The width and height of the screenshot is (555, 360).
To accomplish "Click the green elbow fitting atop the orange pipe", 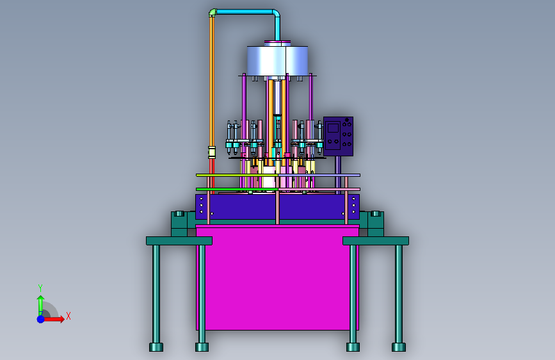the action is [x=213, y=12].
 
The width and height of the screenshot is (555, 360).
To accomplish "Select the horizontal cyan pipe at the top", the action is [x=245, y=12].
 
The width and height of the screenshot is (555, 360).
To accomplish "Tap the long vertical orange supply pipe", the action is [x=212, y=81].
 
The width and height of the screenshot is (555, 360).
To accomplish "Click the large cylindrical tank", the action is [x=277, y=61].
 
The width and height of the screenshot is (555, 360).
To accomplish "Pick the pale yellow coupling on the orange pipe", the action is [x=212, y=152].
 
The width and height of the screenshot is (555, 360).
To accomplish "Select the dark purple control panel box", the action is [x=338, y=136].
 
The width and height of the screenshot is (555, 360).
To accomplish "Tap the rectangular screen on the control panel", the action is [x=333, y=127].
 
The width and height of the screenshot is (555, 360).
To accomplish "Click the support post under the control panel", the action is [x=338, y=175].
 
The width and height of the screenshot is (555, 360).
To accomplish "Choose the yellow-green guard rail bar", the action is [x=237, y=175].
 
